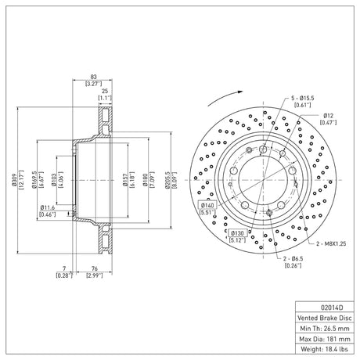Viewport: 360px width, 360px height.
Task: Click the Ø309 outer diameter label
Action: tap(14, 180)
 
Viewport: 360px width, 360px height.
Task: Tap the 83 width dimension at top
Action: tap(93, 77)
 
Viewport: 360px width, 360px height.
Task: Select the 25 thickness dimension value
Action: tap(105, 91)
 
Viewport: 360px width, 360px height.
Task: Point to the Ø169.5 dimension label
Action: tap(34, 180)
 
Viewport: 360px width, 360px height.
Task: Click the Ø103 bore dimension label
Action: tap(54, 180)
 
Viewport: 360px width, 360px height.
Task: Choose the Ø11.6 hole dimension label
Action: tap(48, 207)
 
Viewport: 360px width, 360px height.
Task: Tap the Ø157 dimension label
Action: tap(125, 180)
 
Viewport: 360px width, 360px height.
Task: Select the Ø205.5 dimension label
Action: tap(167, 180)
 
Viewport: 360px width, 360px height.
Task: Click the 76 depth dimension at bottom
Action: tap(95, 268)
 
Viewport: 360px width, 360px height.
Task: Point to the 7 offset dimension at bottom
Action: tap(64, 268)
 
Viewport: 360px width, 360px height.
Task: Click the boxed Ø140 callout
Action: tap(207, 206)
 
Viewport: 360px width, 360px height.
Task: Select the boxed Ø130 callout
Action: tap(237, 233)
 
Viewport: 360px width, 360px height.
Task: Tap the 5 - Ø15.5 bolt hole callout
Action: tap(303, 98)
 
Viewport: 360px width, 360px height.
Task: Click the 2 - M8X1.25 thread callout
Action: tap(331, 243)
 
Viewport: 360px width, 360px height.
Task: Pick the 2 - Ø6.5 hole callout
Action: tap(293, 259)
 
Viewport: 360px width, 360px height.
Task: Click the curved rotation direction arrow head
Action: tap(240, 92)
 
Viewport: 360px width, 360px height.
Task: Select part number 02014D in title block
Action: tap(332, 308)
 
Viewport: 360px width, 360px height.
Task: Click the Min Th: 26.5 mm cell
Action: tap(325, 329)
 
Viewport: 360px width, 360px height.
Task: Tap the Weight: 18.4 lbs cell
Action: tap(325, 349)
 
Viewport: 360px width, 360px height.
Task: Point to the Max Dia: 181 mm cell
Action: tap(325, 339)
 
